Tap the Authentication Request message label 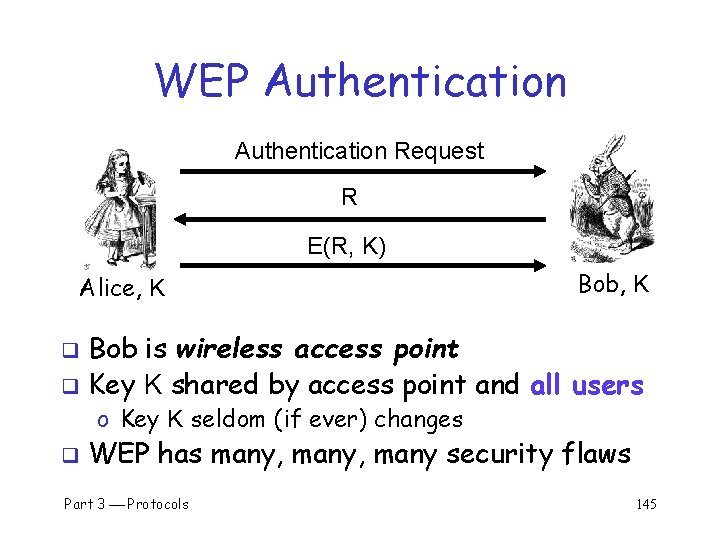pyautogui.click(x=359, y=152)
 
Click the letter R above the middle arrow pyautogui.click(x=349, y=198)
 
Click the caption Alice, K pyautogui.click(x=122, y=290)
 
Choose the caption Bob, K pyautogui.click(x=614, y=285)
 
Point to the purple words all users pyautogui.click(x=587, y=384)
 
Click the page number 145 pyautogui.click(x=646, y=504)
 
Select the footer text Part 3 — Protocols pyautogui.click(x=126, y=504)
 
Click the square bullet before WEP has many pyautogui.click(x=71, y=456)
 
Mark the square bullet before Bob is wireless pyautogui.click(x=71, y=351)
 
